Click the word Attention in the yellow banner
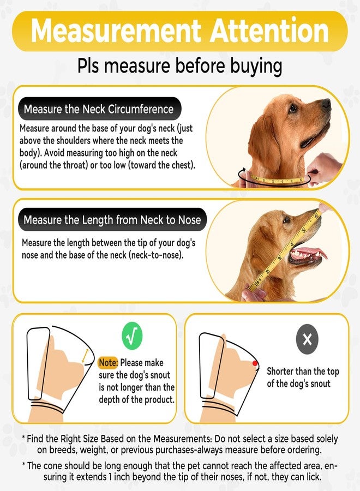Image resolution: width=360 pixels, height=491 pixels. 269,31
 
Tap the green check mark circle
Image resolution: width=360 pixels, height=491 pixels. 132,336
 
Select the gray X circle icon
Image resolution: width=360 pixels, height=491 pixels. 307,339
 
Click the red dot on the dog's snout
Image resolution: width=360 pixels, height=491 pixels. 255,363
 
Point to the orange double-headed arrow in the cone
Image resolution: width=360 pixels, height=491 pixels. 85,356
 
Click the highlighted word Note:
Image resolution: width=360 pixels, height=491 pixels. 109,363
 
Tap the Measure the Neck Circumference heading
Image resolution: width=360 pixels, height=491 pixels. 99,109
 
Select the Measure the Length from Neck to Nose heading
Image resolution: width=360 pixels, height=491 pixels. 112,220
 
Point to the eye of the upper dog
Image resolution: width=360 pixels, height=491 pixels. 293,109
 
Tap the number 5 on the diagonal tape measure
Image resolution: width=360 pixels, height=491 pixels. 303,231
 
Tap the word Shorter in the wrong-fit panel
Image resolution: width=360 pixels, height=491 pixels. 280,372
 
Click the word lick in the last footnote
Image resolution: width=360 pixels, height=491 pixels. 314,477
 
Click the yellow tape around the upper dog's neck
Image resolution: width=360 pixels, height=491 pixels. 275,181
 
